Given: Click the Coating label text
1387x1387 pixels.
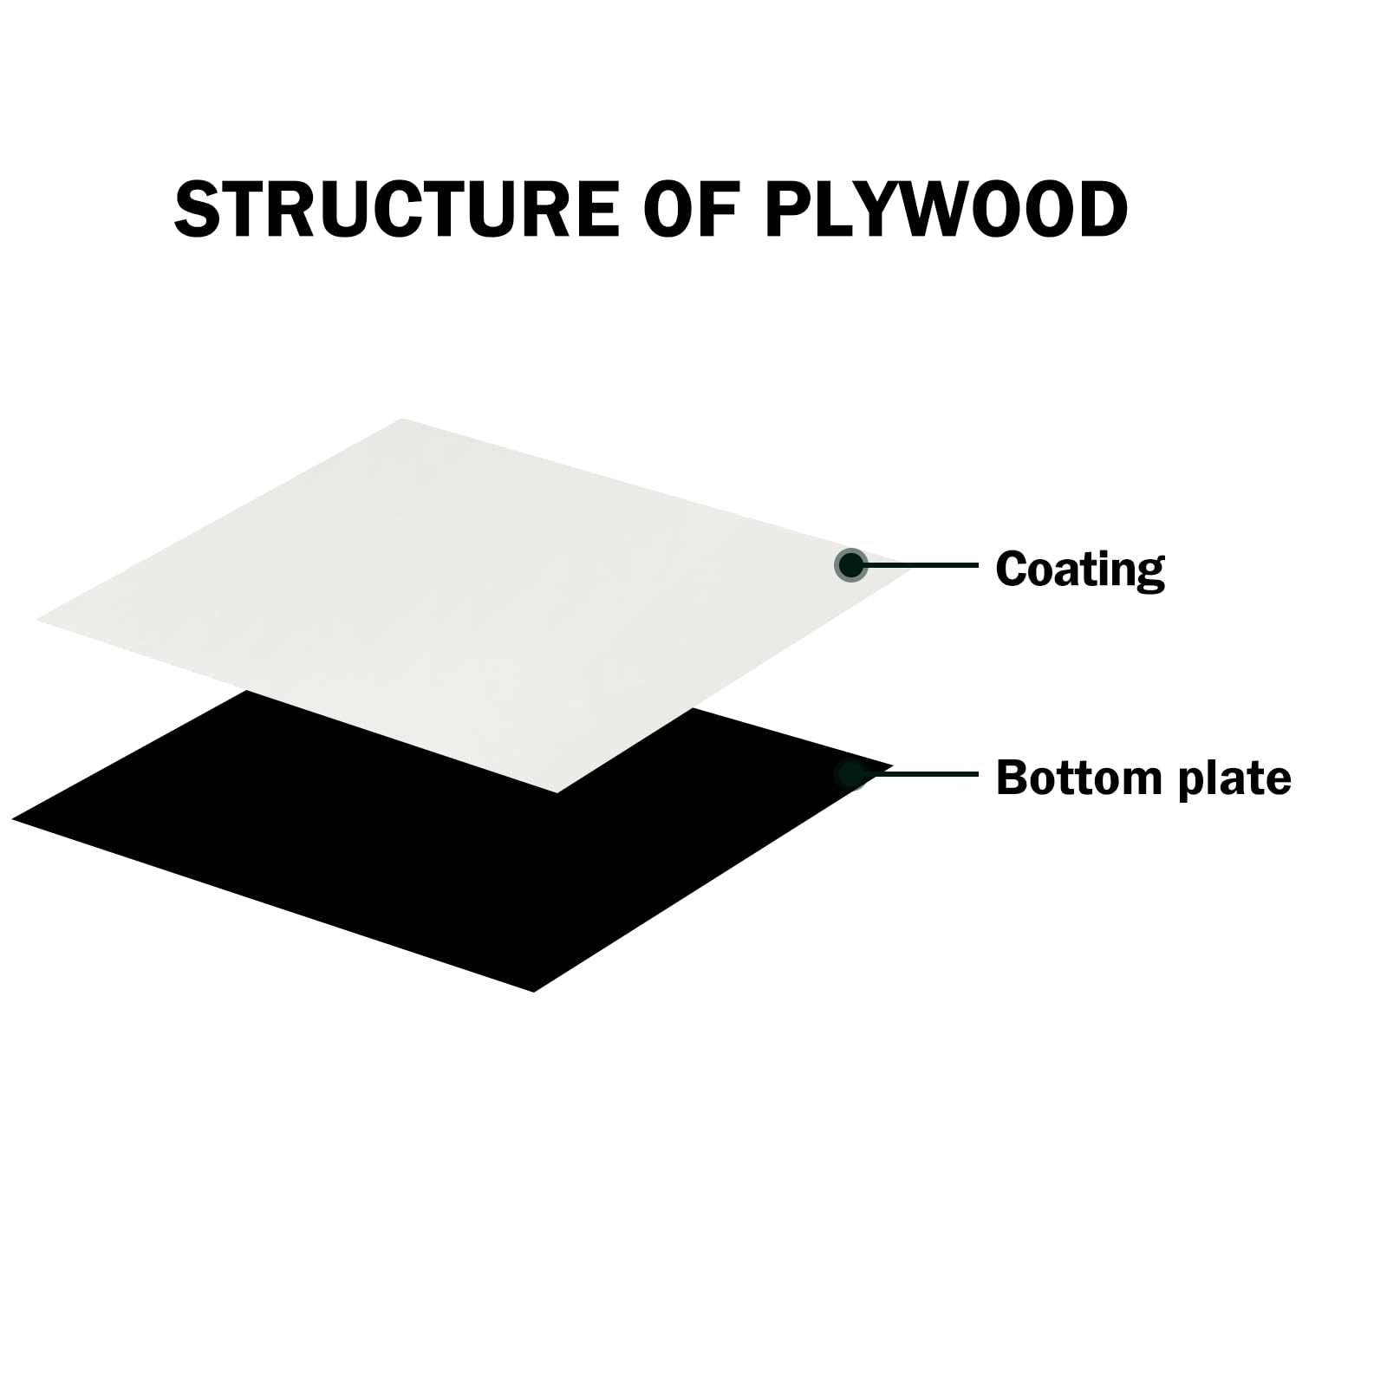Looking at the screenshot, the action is click(1079, 570).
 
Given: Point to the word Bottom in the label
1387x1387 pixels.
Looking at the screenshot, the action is click(1078, 778).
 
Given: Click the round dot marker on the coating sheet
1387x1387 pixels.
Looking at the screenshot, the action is click(851, 565).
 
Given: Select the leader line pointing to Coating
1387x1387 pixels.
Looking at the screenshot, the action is click(921, 565).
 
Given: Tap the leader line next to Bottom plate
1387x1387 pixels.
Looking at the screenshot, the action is click(921, 773).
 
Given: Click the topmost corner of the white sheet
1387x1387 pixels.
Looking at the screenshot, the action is click(403, 419).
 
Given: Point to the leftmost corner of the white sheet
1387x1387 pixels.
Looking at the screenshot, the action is click(36, 620).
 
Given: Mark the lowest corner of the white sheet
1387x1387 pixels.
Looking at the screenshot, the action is click(557, 792).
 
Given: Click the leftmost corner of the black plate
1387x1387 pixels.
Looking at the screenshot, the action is click(12, 818).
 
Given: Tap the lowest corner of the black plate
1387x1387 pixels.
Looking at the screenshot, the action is click(534, 992).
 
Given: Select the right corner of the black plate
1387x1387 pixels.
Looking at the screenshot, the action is click(893, 766).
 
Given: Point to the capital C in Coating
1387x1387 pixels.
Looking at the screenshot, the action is click(1013, 570).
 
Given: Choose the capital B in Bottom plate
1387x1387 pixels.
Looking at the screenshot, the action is click(1013, 778).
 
